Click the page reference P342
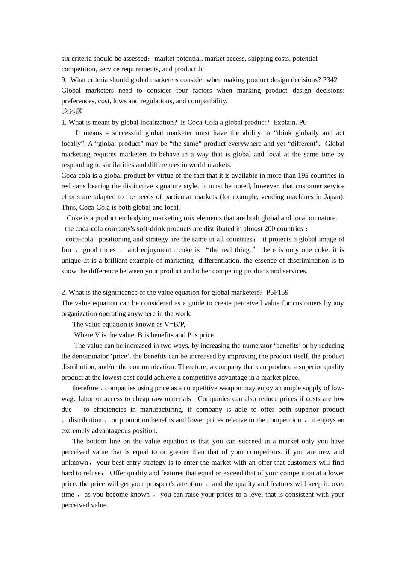coord(330,80)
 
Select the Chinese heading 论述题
coord(72,112)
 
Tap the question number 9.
coord(64,80)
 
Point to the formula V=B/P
coord(174,325)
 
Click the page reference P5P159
coord(277,293)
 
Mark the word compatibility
coord(207,101)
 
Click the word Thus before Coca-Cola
coord(69,208)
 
